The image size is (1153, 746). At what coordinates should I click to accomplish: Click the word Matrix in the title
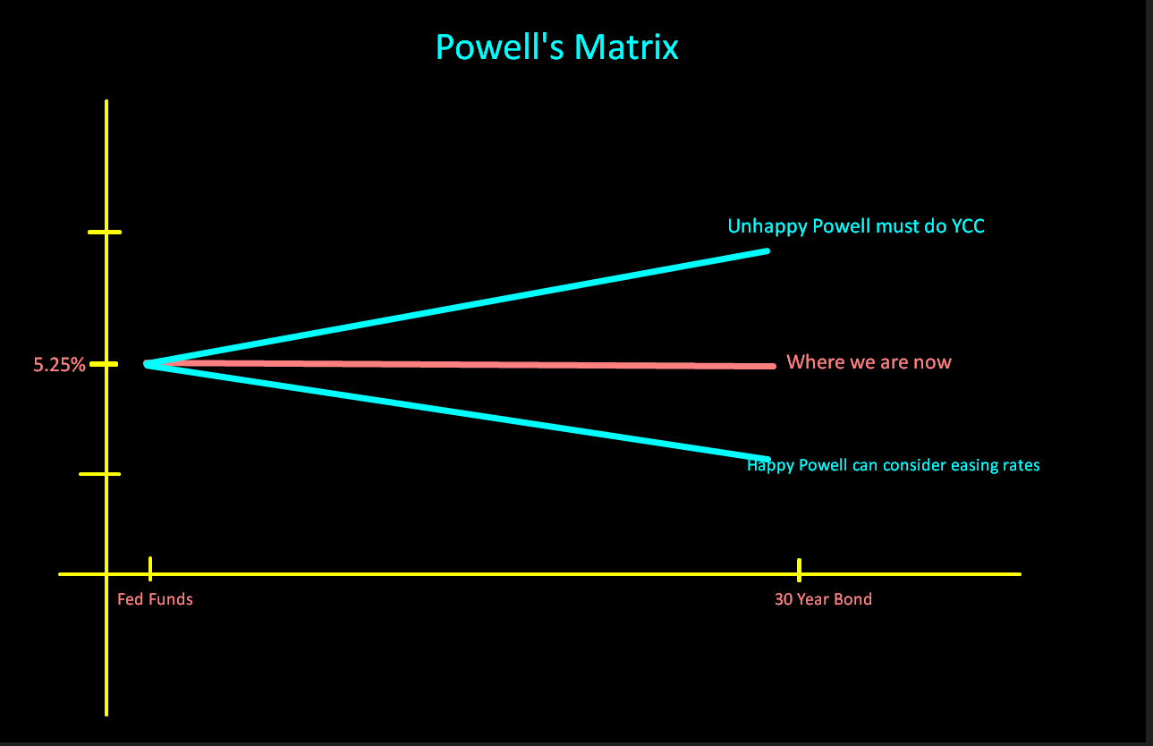tap(627, 47)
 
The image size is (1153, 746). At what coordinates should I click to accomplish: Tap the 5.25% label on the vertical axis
tap(59, 365)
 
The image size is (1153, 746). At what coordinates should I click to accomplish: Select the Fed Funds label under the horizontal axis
tap(155, 599)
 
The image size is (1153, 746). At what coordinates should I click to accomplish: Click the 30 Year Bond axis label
tap(822, 599)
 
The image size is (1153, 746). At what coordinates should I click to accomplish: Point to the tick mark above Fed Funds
tap(150, 568)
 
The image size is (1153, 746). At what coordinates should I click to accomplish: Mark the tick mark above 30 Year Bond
tap(799, 569)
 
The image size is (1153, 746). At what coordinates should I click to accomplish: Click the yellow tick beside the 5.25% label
tap(104, 364)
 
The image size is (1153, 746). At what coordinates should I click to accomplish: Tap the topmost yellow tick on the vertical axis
tap(104, 233)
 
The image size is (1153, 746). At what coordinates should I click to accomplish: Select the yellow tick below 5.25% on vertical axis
tap(99, 474)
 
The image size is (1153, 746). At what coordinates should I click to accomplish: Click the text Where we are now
tap(869, 362)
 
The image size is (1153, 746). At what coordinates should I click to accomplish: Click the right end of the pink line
tap(772, 366)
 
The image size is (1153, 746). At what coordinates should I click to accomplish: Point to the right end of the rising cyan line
tap(766, 251)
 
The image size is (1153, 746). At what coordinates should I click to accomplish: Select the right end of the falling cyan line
tap(767, 458)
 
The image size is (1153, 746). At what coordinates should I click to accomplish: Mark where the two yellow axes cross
tap(106, 573)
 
